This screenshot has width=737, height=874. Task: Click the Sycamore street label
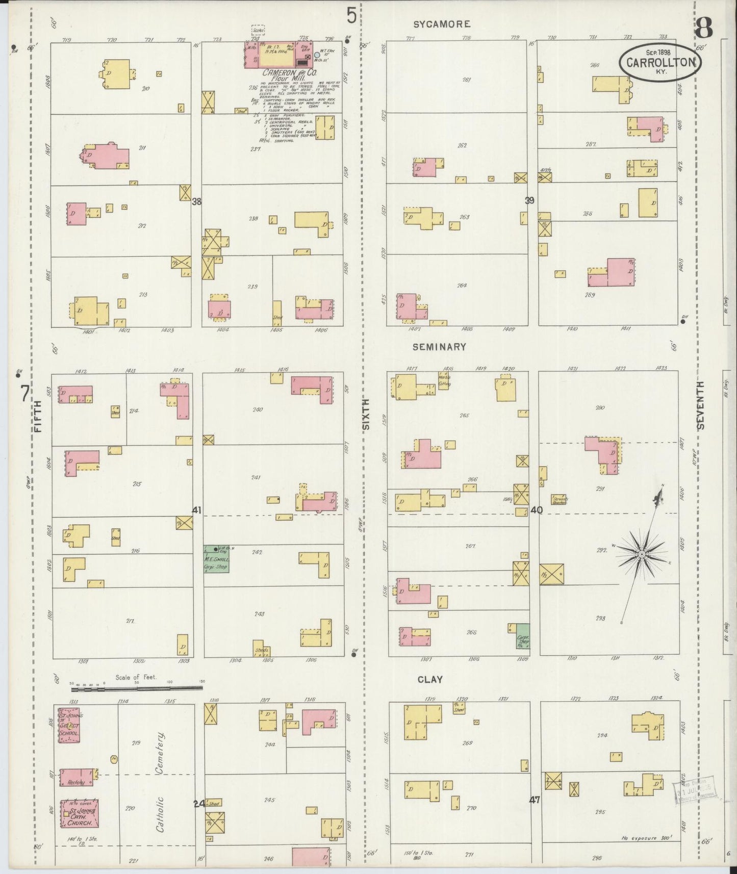coord(441,24)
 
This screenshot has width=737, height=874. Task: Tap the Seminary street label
coord(439,347)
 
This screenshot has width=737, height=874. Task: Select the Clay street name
coord(430,679)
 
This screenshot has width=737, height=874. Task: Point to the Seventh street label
coord(700,405)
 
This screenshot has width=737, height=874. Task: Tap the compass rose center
coord(642,554)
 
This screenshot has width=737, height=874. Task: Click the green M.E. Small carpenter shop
coord(216,558)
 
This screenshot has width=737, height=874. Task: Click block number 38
coord(196,201)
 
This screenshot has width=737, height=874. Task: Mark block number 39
coord(529,200)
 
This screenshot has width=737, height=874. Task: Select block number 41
coord(197,510)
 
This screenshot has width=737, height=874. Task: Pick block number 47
coord(534,800)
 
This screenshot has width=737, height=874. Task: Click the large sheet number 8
coord(704,28)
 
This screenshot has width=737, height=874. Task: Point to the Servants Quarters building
coord(560,499)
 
